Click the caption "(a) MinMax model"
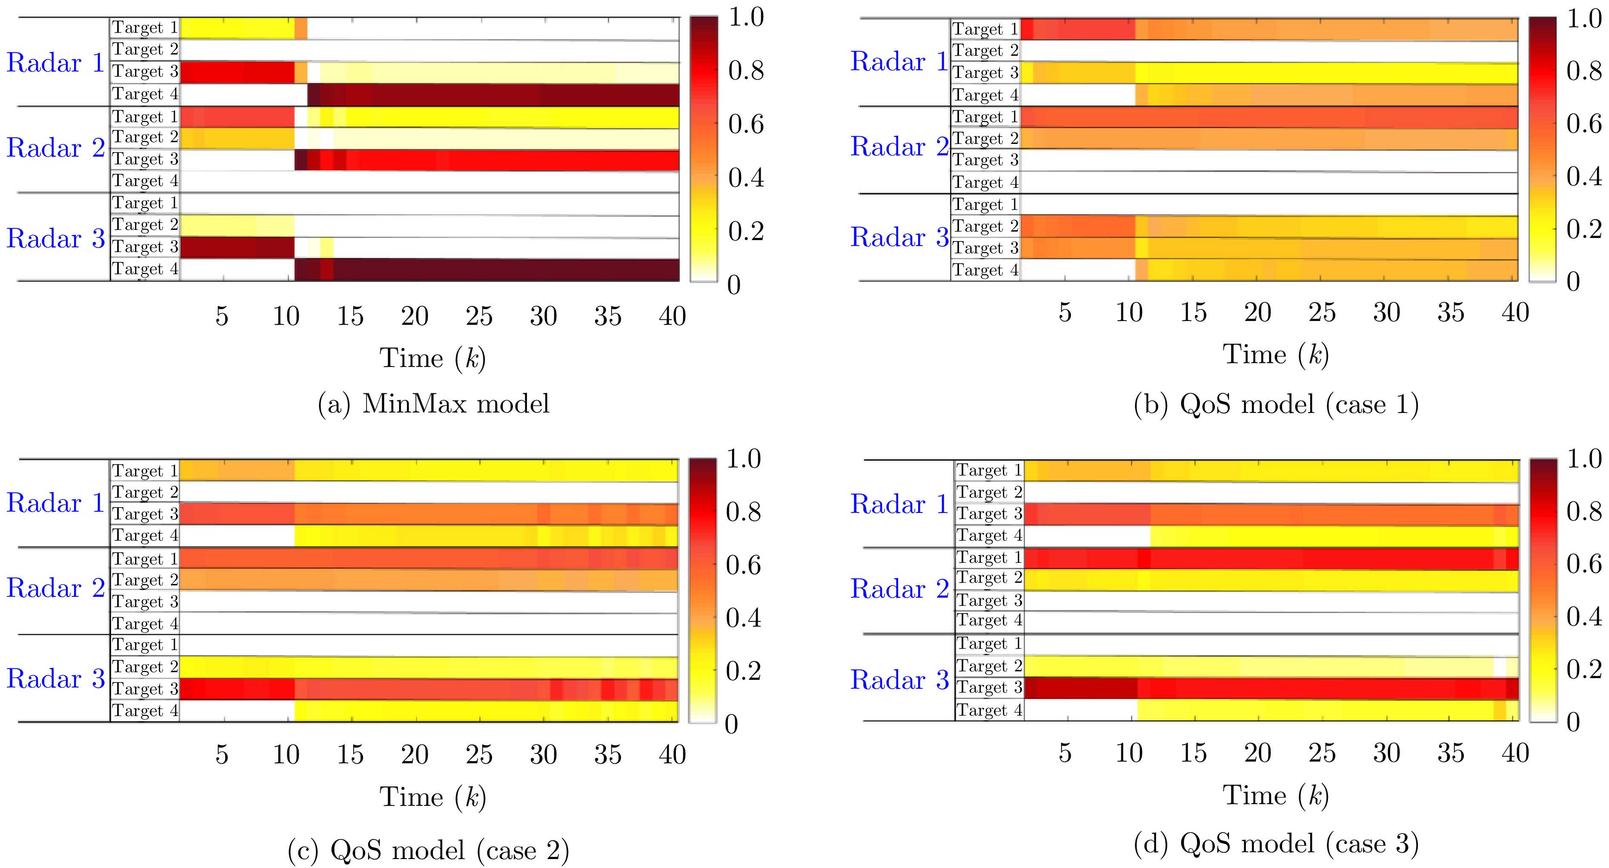tap(433, 404)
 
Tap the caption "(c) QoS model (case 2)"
tap(429, 850)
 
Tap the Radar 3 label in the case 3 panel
tap(899, 680)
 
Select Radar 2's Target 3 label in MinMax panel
tap(145, 159)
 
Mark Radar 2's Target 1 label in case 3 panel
tap(989, 558)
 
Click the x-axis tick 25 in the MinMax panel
tap(479, 317)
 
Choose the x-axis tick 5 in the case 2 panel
tap(222, 755)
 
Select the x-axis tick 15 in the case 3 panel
tap(1193, 753)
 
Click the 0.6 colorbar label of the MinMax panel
tap(746, 124)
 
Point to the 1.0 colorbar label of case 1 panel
tap(1584, 19)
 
